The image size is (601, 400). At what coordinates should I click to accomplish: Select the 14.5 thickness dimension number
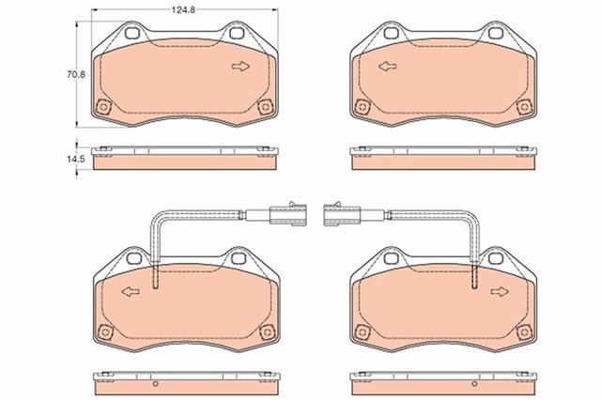pos(81,160)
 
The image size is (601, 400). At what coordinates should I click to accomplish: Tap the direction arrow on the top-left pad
pos(240,67)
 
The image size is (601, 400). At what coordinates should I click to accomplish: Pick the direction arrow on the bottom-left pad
pos(131,292)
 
